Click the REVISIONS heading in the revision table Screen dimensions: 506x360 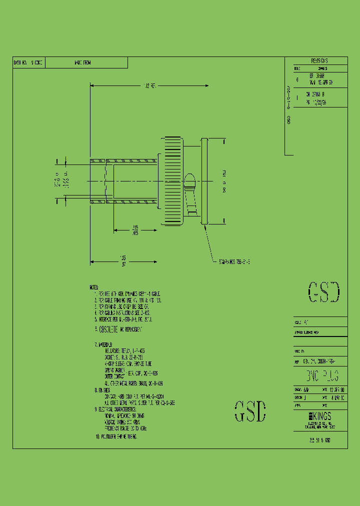[x=315, y=60]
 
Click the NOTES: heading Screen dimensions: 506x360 [x=94, y=287]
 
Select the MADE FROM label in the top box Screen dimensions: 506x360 [x=82, y=62]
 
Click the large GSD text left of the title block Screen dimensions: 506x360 [x=250, y=411]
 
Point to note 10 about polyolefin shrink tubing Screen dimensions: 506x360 [x=116, y=436]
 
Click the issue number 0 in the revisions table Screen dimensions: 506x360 [x=297, y=79]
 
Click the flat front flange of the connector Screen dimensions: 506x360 [x=204, y=181]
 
